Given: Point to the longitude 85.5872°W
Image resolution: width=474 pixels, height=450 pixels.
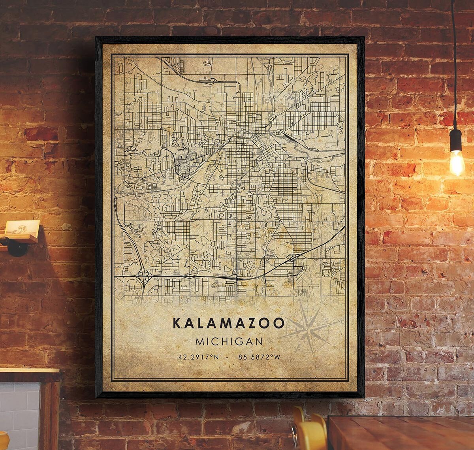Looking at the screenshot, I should coord(259,357).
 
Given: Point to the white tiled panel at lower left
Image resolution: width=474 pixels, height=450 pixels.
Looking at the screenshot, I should coord(20,411).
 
